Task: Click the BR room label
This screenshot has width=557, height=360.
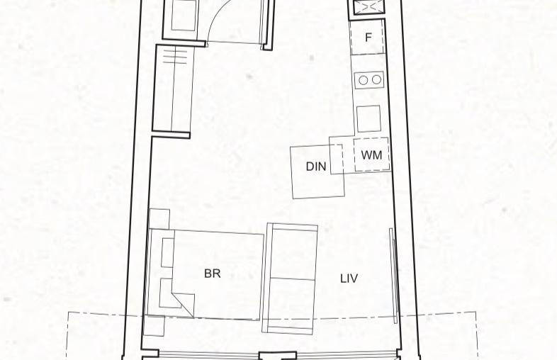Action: (x=213, y=274)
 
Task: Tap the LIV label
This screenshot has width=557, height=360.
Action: (x=349, y=279)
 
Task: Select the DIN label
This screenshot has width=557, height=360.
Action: (x=316, y=167)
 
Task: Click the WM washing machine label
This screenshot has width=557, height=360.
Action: (x=371, y=155)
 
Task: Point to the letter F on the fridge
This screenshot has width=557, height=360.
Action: (x=368, y=37)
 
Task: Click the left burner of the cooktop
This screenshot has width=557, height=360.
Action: (x=363, y=80)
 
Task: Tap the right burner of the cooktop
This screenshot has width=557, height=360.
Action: (x=376, y=80)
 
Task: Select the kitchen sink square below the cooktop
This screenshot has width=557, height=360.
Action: (x=368, y=118)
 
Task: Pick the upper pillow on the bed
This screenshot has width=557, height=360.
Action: (x=167, y=253)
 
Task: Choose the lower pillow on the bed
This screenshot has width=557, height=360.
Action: (x=166, y=293)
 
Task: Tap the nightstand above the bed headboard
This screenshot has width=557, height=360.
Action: (x=159, y=219)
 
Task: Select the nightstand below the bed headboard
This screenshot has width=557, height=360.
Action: (x=154, y=325)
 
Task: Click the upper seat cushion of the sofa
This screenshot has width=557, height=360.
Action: (x=293, y=254)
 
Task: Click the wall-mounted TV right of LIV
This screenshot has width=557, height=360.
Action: (x=393, y=276)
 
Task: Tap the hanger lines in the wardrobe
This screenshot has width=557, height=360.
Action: (x=175, y=57)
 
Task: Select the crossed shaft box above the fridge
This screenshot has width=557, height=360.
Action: (x=369, y=6)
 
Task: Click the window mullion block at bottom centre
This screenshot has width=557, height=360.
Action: (x=277, y=356)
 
